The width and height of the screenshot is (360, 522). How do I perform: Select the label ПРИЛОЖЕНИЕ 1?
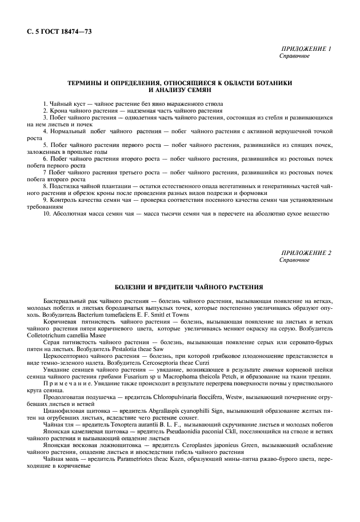pos(306,50)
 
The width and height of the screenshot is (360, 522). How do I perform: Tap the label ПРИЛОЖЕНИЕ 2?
pos(306,253)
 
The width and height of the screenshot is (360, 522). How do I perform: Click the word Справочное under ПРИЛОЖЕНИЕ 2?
pos(294,260)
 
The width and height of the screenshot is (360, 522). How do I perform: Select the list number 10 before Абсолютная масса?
pos(46,214)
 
